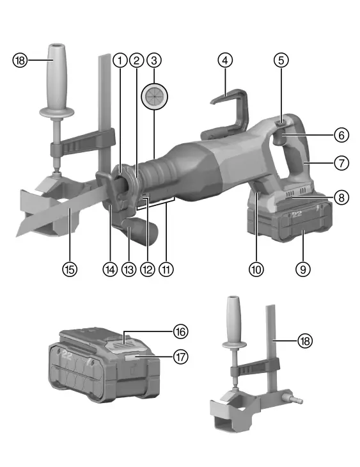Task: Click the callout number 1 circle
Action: [x=119, y=60]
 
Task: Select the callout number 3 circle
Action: [x=153, y=60]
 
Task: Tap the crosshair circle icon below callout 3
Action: [x=153, y=95]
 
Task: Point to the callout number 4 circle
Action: [x=224, y=60]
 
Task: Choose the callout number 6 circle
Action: [x=341, y=135]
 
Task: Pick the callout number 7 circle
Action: [x=341, y=162]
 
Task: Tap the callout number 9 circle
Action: [x=303, y=269]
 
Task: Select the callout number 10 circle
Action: [x=256, y=269]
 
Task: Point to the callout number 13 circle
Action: [x=129, y=269]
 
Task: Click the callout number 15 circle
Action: [x=70, y=269]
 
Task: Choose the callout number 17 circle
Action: [x=181, y=356]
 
